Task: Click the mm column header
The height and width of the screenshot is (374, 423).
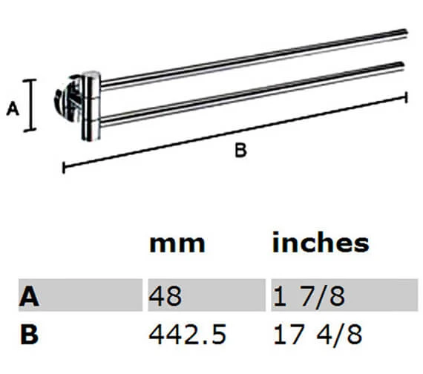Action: tap(177, 243)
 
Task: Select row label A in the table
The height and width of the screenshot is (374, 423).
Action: tap(29, 297)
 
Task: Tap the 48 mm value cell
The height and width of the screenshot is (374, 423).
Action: tap(165, 297)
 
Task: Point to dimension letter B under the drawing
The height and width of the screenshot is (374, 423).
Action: tap(240, 151)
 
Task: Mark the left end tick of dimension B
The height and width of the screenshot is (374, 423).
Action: tap(63, 168)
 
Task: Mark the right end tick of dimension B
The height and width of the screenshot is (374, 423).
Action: tap(406, 96)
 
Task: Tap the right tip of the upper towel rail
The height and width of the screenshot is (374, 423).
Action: tap(406, 32)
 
